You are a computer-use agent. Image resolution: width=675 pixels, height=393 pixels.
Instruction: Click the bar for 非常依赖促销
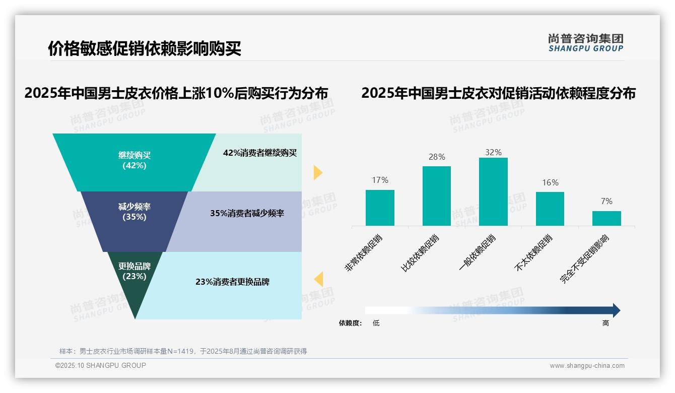(x=380, y=208)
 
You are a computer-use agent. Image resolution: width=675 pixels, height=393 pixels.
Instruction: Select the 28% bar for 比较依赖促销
(x=436, y=196)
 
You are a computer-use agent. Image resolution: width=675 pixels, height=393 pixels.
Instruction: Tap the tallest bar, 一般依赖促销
(x=493, y=191)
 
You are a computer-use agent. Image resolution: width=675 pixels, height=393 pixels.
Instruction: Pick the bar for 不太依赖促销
(x=550, y=209)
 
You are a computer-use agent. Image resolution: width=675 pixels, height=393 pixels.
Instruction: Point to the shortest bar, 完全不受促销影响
(x=606, y=218)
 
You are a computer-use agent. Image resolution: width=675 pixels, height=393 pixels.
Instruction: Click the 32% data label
(x=493, y=152)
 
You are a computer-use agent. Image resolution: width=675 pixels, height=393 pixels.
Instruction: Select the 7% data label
(x=606, y=202)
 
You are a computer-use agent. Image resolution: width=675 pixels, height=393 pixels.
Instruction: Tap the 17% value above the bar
(x=380, y=180)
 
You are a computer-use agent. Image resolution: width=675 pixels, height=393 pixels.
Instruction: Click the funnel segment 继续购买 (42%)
(x=134, y=160)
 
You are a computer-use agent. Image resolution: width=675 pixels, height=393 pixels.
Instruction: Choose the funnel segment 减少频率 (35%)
(x=134, y=212)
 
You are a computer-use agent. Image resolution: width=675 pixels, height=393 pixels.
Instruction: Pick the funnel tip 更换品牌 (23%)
(x=134, y=275)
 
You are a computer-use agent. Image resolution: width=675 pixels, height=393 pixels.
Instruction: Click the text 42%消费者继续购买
(x=260, y=153)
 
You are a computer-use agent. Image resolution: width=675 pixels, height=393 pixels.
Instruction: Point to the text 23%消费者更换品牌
(x=232, y=282)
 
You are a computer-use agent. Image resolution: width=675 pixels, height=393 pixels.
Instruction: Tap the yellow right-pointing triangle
(x=317, y=172)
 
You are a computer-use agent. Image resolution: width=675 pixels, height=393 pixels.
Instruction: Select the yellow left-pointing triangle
(x=318, y=279)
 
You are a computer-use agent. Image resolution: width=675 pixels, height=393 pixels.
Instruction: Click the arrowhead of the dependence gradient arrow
(x=616, y=310)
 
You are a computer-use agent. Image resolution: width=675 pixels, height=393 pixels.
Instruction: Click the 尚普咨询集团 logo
(x=585, y=42)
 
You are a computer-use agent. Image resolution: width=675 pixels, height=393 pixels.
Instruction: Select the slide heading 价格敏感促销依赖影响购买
(x=145, y=49)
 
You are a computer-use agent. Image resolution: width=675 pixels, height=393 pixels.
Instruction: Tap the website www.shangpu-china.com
(x=587, y=366)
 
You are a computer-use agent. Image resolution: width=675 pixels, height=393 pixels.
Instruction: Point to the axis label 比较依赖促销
(x=420, y=253)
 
